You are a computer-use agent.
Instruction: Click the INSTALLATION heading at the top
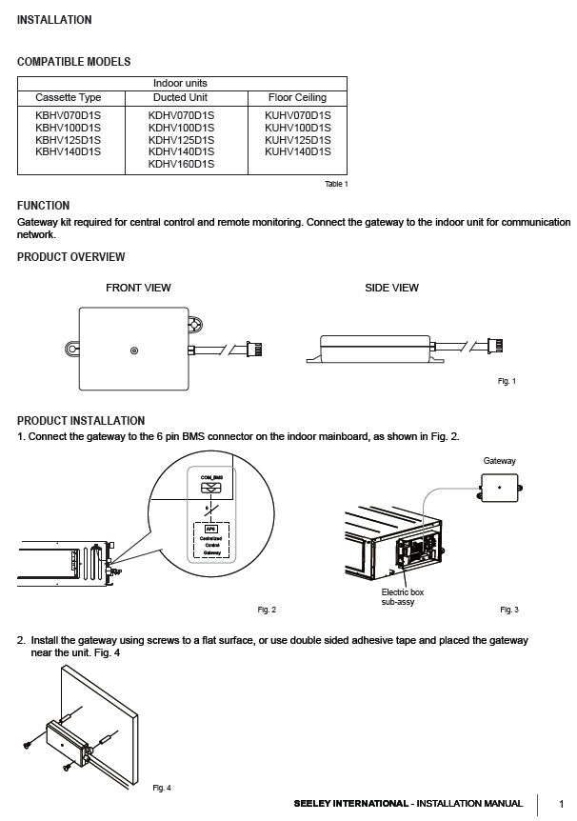[x=54, y=20]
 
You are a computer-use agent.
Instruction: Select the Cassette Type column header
[x=68, y=97]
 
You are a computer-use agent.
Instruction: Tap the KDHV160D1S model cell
[x=181, y=164]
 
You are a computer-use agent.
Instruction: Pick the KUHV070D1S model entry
[x=297, y=114]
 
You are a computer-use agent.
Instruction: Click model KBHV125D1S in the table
[x=68, y=139]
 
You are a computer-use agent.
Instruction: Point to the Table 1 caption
[x=336, y=184]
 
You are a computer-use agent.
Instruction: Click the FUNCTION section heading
[x=43, y=206]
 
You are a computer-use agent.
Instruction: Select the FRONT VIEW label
[x=138, y=288]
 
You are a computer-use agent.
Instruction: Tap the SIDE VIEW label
[x=391, y=288]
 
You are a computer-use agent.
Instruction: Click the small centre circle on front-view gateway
[x=133, y=351]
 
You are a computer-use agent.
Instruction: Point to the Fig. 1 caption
[x=507, y=381]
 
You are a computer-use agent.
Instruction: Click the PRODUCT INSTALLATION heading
[x=81, y=421]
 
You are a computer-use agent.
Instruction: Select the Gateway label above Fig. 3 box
[x=499, y=461]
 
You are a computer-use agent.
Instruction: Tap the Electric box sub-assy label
[x=403, y=597]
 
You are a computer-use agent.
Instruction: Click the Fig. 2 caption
[x=267, y=609]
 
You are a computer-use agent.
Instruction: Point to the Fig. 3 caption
[x=509, y=609]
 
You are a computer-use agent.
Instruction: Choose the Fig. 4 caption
[x=162, y=788]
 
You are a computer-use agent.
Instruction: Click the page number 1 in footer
[x=561, y=805]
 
